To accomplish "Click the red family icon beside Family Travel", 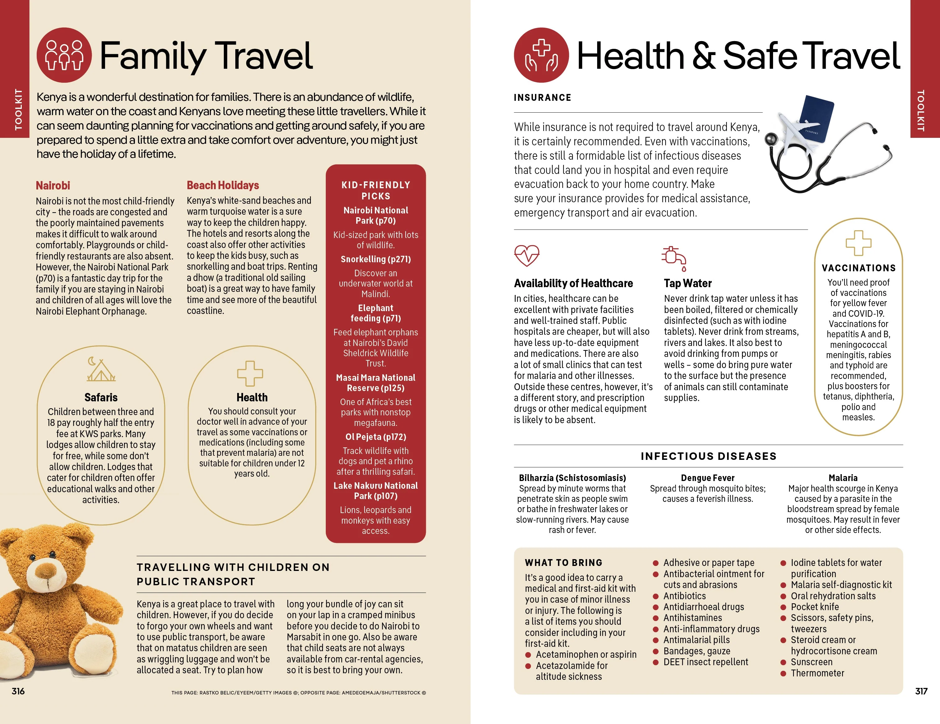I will (x=64, y=55).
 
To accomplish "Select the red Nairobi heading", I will (x=53, y=186).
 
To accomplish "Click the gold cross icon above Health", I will (x=250, y=373).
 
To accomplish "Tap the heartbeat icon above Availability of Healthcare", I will (x=526, y=255).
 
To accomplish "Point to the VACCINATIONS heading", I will (x=858, y=268).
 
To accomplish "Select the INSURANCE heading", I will (x=542, y=98).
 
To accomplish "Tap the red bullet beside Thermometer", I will (x=783, y=673).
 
